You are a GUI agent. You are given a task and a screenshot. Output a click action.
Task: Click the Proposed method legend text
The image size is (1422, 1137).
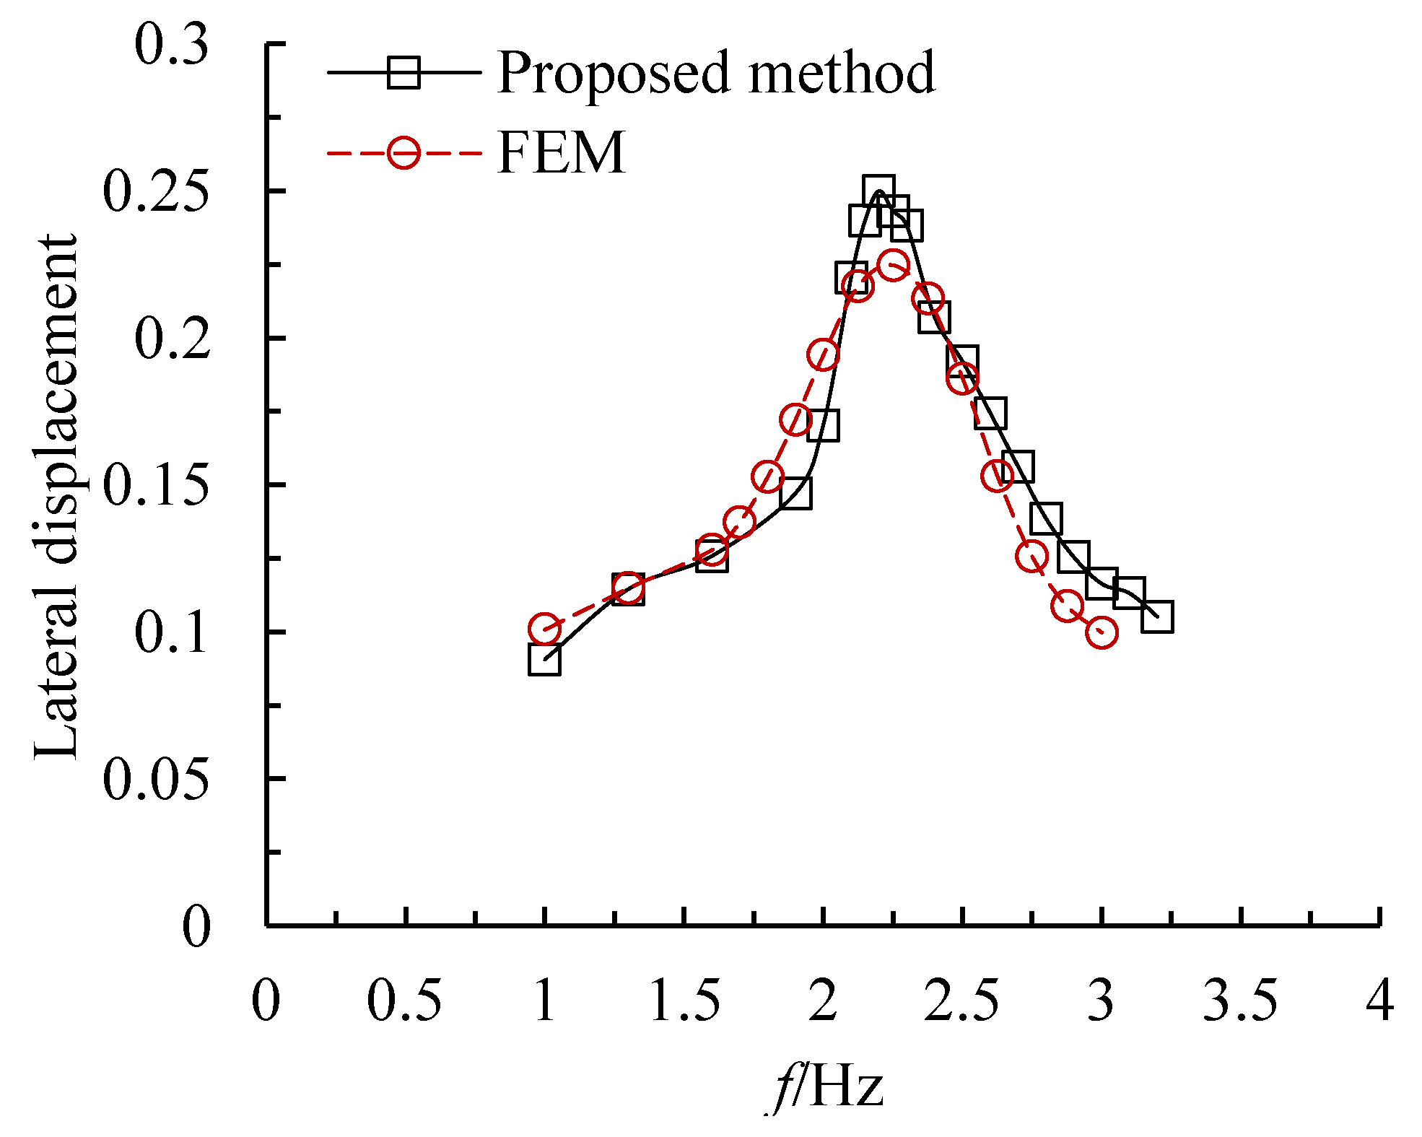click(715, 73)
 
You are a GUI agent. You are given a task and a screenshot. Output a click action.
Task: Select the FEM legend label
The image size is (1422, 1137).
click(561, 153)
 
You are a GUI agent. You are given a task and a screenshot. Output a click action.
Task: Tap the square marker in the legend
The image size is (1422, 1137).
click(404, 72)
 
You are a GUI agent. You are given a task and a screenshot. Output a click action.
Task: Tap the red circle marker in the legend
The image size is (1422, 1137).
click(404, 153)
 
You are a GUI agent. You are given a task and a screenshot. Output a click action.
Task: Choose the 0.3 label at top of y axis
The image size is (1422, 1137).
click(172, 45)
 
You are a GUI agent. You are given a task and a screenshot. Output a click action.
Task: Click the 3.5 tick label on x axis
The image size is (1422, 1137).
click(1240, 1001)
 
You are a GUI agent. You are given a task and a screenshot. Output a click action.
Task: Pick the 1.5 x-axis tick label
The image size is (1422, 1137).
click(684, 1001)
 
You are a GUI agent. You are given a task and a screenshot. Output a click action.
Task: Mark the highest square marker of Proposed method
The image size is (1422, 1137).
click(878, 191)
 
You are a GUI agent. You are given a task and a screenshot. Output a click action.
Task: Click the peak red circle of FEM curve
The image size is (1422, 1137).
click(893, 265)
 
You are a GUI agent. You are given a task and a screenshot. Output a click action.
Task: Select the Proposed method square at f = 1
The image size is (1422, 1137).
click(544, 658)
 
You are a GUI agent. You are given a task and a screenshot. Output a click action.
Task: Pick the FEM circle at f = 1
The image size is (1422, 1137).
click(544, 629)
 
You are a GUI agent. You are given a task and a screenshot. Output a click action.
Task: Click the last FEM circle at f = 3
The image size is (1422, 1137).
click(1102, 633)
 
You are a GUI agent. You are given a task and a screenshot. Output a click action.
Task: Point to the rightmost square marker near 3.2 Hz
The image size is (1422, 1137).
click(1157, 617)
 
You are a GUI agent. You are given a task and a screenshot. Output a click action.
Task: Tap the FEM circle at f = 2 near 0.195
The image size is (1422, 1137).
click(823, 354)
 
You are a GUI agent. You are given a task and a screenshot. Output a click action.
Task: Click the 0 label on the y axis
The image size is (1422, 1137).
click(196, 926)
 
